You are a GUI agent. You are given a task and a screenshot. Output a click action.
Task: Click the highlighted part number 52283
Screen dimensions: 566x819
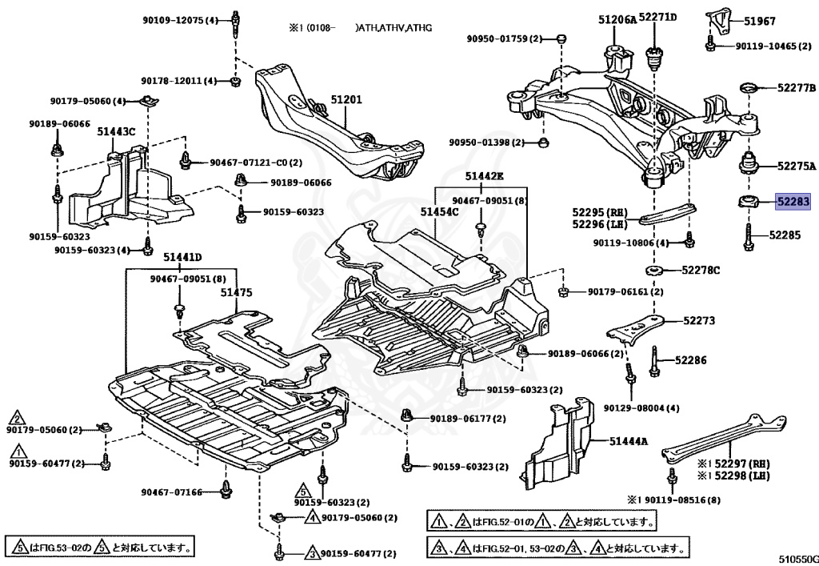coord(795,202)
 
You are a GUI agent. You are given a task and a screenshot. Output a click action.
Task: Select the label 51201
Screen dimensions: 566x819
coord(346,100)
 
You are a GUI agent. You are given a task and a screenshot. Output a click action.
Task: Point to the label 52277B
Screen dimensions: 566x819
coord(796,86)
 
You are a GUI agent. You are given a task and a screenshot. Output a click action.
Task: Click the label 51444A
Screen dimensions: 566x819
coord(629,440)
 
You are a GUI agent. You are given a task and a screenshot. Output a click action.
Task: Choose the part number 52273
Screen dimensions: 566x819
coord(699,321)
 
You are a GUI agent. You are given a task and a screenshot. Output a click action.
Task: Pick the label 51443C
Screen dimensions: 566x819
coord(117,130)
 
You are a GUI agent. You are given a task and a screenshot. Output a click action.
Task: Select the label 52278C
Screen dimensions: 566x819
coord(701,270)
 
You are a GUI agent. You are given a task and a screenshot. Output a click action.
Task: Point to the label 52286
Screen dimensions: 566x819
coord(691,360)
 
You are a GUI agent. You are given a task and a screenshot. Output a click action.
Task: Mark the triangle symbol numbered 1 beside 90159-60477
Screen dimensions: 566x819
coord(16,452)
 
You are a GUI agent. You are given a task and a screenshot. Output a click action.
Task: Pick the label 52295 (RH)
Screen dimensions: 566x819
coord(600,213)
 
